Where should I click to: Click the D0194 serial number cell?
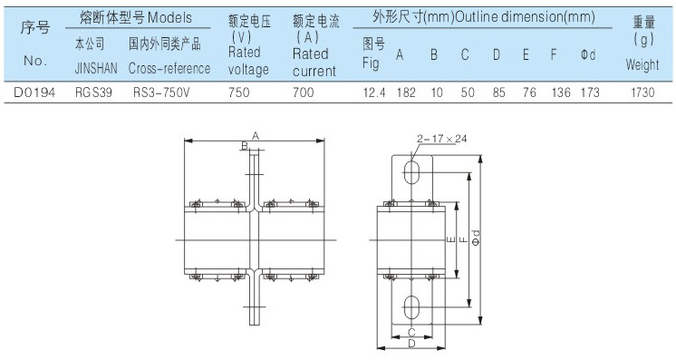[34, 92]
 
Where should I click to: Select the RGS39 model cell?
[93, 92]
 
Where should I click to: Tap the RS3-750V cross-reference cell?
[161, 92]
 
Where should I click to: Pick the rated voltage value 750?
[239, 92]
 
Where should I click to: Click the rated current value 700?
[304, 92]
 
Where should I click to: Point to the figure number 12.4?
[374, 92]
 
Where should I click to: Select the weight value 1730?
[642, 92]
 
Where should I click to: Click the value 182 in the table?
[406, 92]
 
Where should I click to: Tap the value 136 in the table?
[561, 92]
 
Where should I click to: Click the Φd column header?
[587, 54]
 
